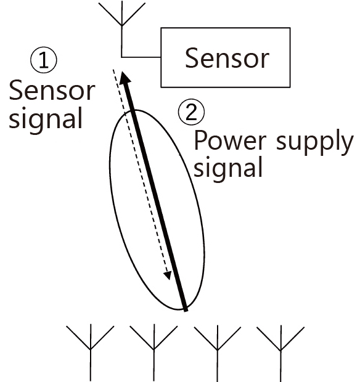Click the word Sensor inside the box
pyautogui.click(x=227, y=58)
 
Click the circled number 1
pyautogui.click(x=44, y=60)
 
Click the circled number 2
pyautogui.click(x=191, y=112)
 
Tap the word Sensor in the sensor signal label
pyautogui.click(x=52, y=91)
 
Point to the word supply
pyautogui.click(x=314, y=142)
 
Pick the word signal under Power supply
pyautogui.click(x=228, y=168)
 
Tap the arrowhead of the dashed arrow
pyautogui.click(x=168, y=275)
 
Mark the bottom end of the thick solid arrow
pyautogui.click(x=186, y=311)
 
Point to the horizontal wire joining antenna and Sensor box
pyautogui.click(x=141, y=57)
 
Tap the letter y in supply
pyautogui.click(x=346, y=145)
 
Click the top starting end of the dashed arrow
pyautogui.click(x=113, y=70)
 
